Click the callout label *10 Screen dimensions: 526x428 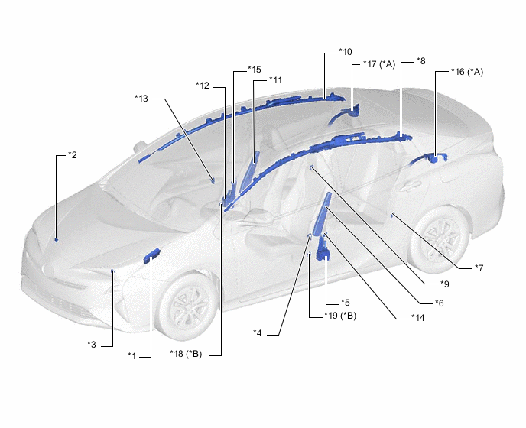coord(346,52)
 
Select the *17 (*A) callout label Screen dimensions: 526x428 coord(379,64)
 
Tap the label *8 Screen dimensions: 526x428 coord(421,61)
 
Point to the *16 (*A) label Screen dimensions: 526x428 coord(467,72)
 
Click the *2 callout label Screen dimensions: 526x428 coord(73,155)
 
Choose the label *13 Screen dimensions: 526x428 coord(141,99)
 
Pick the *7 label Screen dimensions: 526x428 coord(479,268)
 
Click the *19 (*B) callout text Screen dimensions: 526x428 coord(340,316)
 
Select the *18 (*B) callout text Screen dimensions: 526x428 coord(186,354)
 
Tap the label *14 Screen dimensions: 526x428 coord(418,318)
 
